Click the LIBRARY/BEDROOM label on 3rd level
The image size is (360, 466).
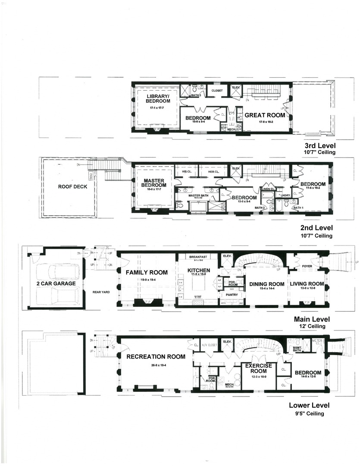point(158,98)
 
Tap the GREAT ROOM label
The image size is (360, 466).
point(265,115)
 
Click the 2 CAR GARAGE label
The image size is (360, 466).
point(56,283)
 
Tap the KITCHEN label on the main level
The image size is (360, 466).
point(199,271)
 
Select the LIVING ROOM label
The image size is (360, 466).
point(307,284)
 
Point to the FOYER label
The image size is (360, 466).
point(307,266)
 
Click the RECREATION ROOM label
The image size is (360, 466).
point(156,356)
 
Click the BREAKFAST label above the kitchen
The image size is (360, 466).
point(197,257)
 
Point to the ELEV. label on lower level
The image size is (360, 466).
point(227,342)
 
